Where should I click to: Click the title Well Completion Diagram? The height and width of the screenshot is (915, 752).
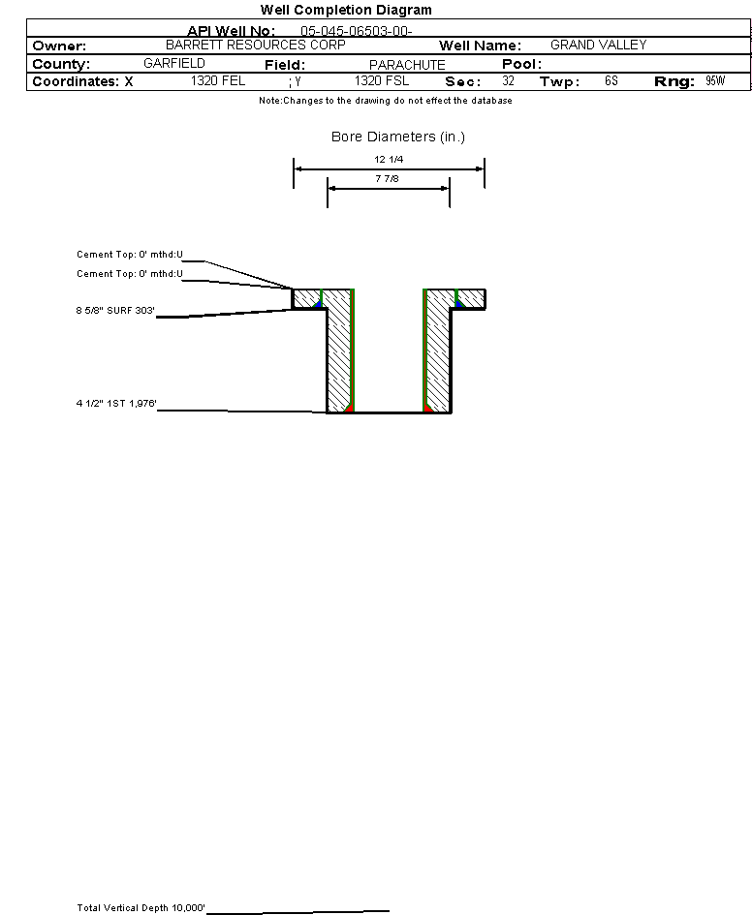346,10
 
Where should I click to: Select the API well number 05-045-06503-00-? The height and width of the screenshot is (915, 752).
357,31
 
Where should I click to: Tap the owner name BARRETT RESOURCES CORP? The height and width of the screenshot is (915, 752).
248,46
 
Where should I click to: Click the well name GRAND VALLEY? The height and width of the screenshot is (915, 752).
598,46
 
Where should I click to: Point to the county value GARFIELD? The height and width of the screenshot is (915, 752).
174,64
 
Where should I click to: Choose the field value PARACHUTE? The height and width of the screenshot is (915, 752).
407,65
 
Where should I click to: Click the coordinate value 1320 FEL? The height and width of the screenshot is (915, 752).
218,81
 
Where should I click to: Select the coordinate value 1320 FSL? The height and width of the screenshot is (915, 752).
382,81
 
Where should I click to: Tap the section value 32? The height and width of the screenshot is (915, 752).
508,81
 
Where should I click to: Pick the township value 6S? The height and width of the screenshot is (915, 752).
611,81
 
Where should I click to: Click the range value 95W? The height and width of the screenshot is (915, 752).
715,81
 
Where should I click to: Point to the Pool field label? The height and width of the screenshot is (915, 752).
521,64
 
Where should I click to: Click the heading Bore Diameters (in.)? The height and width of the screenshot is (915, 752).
398,137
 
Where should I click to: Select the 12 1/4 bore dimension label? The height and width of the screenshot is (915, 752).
390,159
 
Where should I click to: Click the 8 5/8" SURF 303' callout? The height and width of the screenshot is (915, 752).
116,311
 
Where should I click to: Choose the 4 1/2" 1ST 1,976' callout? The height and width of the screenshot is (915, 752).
117,404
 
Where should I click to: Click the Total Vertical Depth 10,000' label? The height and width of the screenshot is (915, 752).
141,908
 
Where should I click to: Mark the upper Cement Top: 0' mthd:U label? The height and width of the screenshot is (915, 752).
130,255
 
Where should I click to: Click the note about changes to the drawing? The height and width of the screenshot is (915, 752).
385,101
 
